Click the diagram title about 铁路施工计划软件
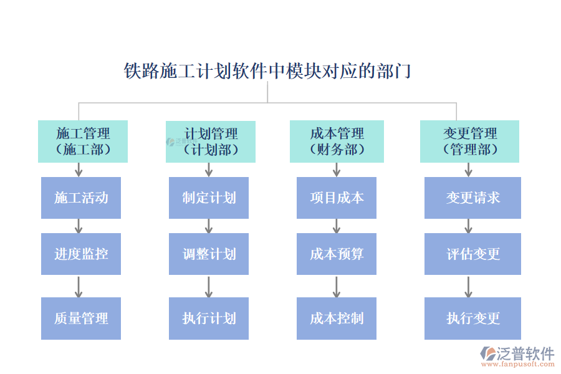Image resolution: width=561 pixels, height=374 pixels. [267, 71]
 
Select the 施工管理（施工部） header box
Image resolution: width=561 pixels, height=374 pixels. [83, 141]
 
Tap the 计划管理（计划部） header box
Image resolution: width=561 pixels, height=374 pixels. [211, 141]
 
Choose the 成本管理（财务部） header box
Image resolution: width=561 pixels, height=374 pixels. [337, 141]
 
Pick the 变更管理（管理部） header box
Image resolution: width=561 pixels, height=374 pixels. [469, 141]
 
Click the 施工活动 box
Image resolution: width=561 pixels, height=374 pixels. [81, 198]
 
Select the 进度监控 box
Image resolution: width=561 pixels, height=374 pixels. [81, 254]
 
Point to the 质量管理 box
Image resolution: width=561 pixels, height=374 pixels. [81, 318]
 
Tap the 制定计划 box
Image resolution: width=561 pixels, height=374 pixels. [209, 198]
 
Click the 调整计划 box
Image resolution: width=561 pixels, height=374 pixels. [209, 254]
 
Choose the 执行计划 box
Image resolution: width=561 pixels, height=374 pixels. [209, 318]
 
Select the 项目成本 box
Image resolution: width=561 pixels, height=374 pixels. [337, 198]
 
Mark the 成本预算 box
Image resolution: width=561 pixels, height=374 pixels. [337, 254]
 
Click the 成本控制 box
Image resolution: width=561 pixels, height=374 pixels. [337, 318]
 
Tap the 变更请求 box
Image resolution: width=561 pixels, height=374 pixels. [472, 198]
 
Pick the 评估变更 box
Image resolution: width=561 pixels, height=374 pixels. [472, 254]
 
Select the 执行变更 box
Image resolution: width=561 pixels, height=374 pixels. [472, 318]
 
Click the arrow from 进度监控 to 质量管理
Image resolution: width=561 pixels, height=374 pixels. [79, 286]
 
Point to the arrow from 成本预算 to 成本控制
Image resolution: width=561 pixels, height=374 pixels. [337, 286]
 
